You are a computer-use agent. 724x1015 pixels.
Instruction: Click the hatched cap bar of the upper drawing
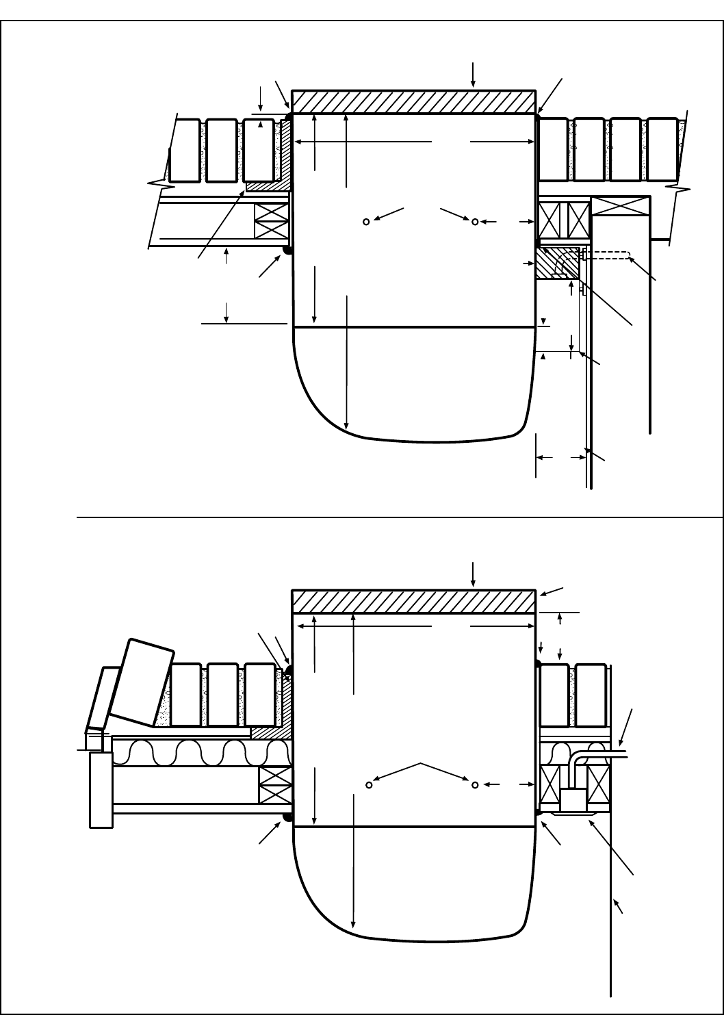pos(413,101)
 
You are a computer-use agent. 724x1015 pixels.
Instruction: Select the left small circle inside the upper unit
pos(367,221)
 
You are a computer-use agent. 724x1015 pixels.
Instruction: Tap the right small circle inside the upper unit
pos(474,221)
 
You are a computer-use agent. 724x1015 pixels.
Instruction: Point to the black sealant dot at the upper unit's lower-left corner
pos(288,250)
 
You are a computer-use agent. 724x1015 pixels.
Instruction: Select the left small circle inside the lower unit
pos(369,784)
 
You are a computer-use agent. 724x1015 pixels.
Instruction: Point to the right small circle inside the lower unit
pos(474,784)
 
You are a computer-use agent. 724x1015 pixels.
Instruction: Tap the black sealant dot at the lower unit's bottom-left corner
pos(288,817)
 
